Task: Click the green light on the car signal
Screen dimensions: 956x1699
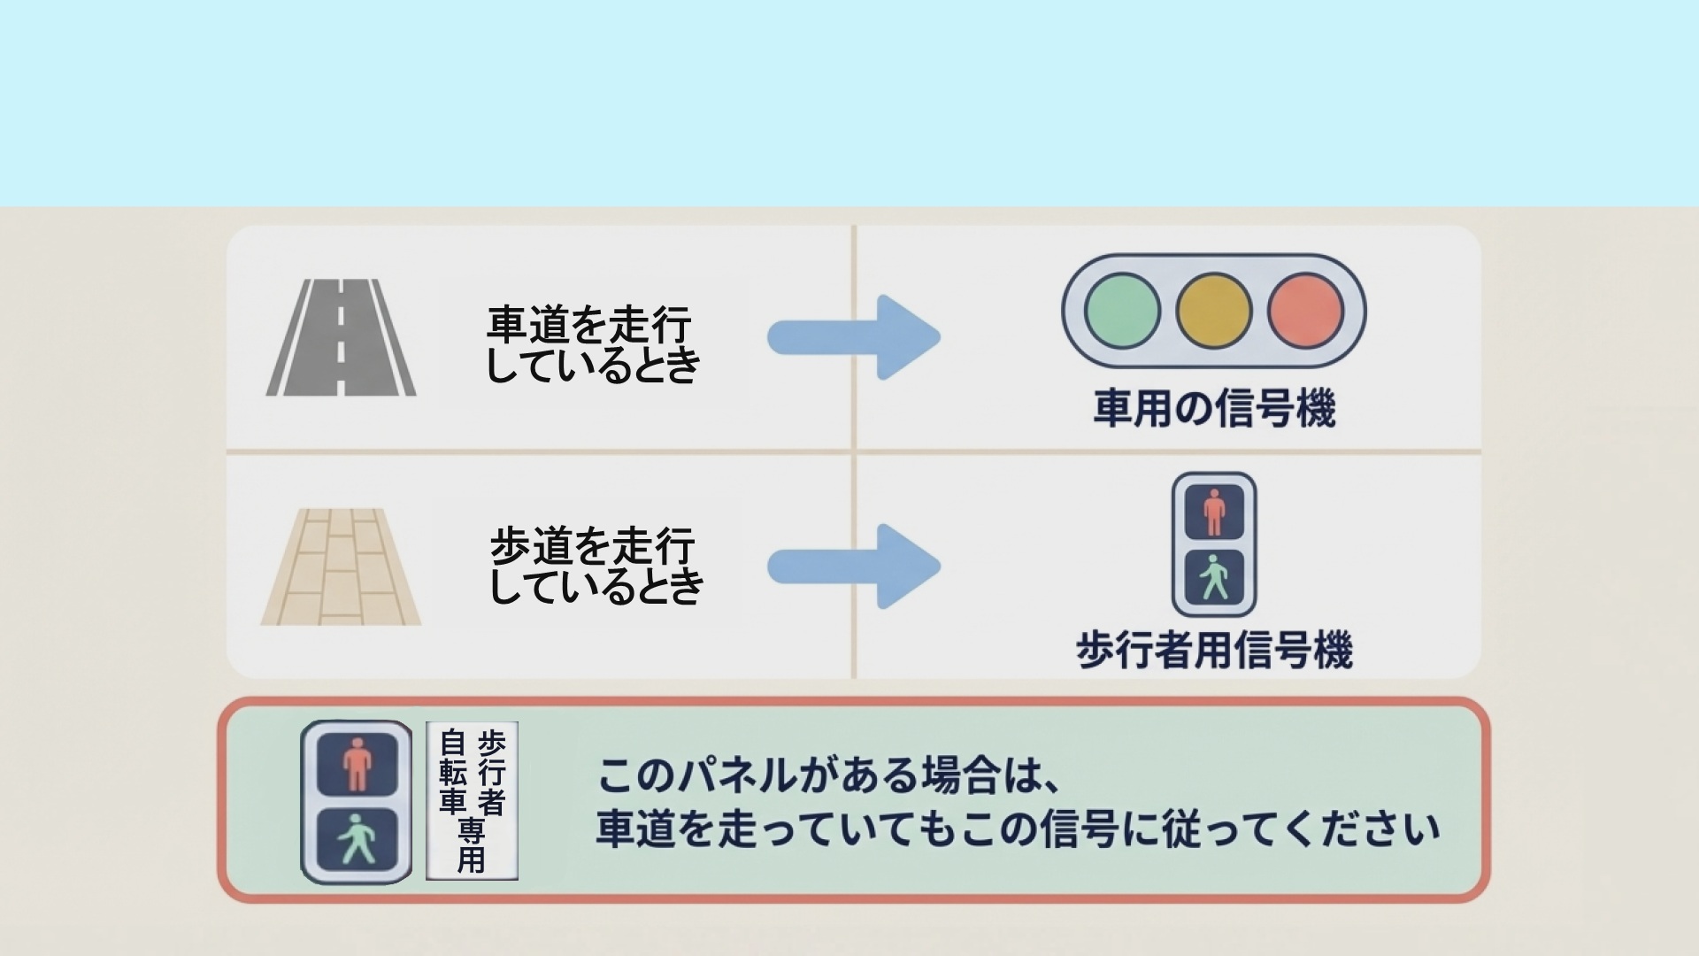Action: tap(1122, 311)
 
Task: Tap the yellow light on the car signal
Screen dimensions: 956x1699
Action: tap(1214, 311)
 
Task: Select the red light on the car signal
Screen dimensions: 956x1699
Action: tap(1305, 311)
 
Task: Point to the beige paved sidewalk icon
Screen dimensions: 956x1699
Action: tap(341, 567)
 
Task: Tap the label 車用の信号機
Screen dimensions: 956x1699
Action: tap(1214, 408)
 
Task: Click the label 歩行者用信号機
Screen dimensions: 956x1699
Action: tap(1214, 650)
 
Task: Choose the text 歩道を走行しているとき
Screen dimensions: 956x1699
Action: tap(595, 566)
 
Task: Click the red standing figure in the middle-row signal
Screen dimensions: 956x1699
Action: tap(1214, 512)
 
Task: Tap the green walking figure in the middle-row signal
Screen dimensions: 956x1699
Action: tap(1214, 577)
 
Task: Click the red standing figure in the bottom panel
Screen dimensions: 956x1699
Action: tap(357, 764)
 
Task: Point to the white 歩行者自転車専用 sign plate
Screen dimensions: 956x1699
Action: tap(472, 800)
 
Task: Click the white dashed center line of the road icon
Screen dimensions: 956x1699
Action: tap(342, 336)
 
